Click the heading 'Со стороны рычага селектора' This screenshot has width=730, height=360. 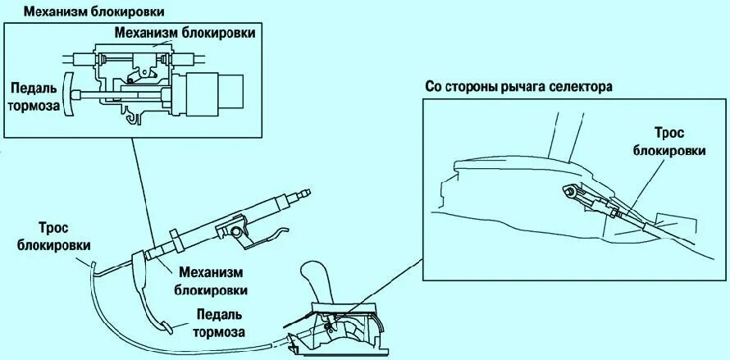point(519,87)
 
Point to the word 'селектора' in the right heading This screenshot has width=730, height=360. point(583,87)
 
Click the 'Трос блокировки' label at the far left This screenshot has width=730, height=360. point(58,235)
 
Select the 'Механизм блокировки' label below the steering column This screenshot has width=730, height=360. point(209,280)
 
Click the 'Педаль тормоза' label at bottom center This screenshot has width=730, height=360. point(219,322)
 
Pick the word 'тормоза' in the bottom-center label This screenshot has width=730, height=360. point(219,332)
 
